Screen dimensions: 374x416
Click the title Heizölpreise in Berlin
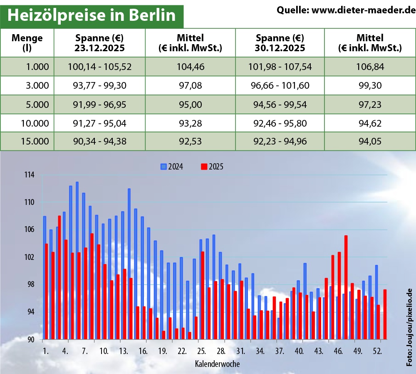click(x=92, y=15)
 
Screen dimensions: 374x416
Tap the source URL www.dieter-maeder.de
click(x=346, y=10)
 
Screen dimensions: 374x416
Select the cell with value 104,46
click(x=190, y=67)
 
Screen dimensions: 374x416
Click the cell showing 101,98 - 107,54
click(x=280, y=67)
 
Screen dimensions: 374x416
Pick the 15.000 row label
click(x=35, y=141)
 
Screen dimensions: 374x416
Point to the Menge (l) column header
click(x=27, y=43)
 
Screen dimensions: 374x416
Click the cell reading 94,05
click(x=370, y=141)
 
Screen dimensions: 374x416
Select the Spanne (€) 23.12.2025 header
click(x=99, y=43)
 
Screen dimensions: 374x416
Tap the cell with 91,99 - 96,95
click(x=99, y=104)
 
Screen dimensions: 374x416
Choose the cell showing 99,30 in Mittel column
click(x=370, y=85)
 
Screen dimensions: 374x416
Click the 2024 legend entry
click(x=172, y=167)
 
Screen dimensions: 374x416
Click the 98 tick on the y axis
click(x=30, y=284)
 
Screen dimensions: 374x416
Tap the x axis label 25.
click(x=201, y=351)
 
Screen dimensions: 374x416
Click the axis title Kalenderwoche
click(x=217, y=364)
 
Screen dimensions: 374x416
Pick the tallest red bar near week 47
click(x=346, y=287)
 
